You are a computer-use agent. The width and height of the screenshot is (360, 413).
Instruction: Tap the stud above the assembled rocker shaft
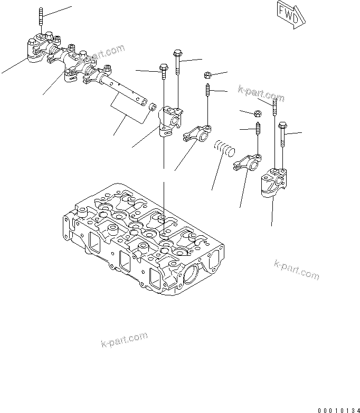click(40, 19)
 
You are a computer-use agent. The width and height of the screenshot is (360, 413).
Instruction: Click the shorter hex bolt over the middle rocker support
click(163, 71)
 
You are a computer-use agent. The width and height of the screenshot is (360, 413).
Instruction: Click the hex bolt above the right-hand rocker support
click(283, 135)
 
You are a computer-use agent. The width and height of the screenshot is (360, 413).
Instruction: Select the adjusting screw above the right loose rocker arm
click(259, 129)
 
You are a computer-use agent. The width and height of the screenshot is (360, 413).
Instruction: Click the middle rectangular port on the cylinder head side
click(126, 260)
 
